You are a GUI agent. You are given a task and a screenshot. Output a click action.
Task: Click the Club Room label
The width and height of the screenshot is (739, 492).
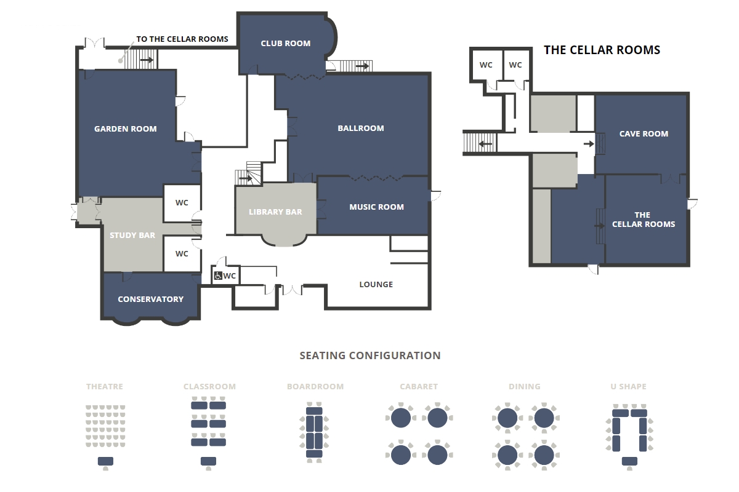(285, 44)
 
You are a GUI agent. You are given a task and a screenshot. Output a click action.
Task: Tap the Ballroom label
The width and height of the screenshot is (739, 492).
(361, 128)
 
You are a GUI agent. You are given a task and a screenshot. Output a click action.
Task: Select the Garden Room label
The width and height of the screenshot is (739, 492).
(126, 129)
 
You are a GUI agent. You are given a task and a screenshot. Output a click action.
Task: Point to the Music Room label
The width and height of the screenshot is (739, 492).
(376, 207)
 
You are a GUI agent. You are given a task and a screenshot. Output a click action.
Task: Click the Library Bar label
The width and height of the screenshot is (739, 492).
(275, 212)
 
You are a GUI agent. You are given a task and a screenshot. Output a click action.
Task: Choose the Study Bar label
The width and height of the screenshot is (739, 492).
(132, 236)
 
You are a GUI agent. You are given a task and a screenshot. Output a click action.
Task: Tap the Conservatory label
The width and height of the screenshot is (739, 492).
(150, 300)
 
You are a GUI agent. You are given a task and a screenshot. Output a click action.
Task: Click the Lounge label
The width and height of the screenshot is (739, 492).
(376, 284)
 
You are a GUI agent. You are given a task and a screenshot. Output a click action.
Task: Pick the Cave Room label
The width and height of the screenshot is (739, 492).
(644, 134)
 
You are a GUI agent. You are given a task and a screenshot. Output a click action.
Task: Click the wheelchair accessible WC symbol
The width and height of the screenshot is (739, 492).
(218, 276)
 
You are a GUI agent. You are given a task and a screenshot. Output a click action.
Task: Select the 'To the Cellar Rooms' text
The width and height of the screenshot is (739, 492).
(182, 39)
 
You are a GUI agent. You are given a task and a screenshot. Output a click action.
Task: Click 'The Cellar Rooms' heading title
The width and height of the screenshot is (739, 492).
(602, 50)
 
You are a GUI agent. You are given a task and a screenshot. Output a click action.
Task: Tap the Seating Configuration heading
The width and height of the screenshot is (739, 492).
(370, 355)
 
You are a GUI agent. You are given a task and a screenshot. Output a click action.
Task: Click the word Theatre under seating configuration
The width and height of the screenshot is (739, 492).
(105, 387)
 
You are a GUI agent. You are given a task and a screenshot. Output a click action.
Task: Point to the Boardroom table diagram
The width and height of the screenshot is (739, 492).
(314, 432)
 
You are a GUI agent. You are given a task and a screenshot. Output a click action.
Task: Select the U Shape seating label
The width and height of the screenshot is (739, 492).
(628, 387)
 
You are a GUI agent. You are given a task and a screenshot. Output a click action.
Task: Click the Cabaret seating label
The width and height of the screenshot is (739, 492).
(419, 387)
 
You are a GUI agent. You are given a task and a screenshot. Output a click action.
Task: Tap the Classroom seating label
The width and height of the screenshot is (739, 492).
(209, 387)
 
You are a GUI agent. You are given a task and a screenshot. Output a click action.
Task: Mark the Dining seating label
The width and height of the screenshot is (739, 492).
(525, 387)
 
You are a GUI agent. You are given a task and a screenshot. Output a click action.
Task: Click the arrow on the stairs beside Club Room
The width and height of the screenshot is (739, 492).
(362, 66)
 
